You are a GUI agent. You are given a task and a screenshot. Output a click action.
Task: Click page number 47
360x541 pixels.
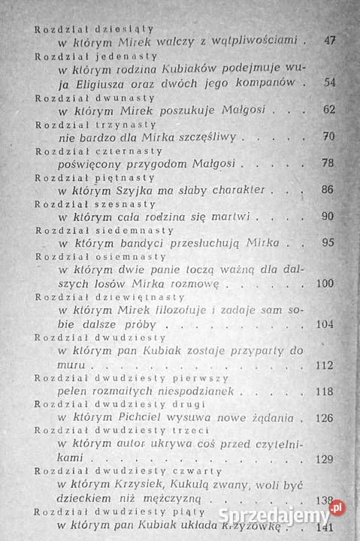(x=328, y=40)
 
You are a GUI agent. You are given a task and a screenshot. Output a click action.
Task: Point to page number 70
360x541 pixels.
(x=328, y=137)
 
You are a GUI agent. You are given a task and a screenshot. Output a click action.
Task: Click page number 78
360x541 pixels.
(x=328, y=163)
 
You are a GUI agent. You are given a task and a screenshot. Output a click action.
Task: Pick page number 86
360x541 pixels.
(x=328, y=190)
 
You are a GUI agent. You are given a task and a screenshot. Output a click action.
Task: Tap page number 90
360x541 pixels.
(x=328, y=217)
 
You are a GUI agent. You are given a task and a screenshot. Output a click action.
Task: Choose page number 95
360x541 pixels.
(x=328, y=243)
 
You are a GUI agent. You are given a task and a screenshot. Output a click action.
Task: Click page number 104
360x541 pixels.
(x=325, y=325)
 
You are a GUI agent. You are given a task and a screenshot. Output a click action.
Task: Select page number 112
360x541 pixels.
(x=325, y=365)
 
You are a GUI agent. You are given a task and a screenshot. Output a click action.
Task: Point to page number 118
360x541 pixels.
(x=325, y=391)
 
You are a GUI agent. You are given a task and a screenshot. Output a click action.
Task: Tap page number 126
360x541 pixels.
(x=325, y=419)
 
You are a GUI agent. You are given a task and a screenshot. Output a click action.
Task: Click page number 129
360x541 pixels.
(x=325, y=459)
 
